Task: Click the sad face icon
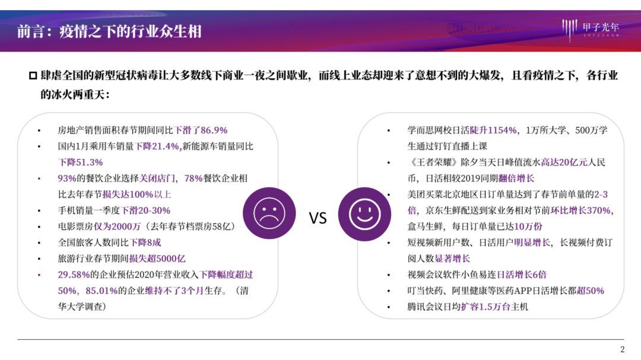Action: [269, 214]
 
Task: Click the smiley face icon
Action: [364, 214]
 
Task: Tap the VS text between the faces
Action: [318, 218]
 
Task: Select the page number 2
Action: [622, 349]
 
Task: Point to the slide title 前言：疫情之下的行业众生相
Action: [109, 31]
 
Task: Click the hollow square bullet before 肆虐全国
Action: [33, 75]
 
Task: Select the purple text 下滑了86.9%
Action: [201, 130]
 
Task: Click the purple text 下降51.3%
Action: [80, 163]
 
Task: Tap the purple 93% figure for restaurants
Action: [66, 179]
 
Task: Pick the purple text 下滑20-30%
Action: [146, 211]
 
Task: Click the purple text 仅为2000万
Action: [118, 227]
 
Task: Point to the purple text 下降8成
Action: [145, 243]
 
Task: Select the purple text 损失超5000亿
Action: [157, 259]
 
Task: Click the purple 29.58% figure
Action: [74, 275]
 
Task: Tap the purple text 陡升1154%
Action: [493, 130]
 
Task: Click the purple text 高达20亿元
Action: [564, 163]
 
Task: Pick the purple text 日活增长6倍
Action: [521, 275]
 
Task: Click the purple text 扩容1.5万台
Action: [485, 307]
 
